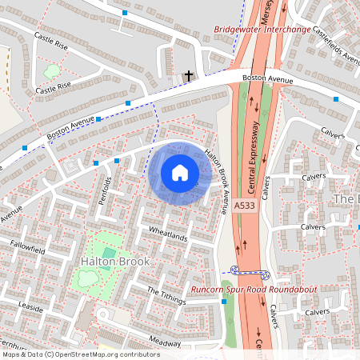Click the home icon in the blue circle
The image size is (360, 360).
click(179, 172)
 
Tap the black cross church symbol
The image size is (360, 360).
click(189, 77)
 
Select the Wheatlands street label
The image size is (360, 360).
click(167, 237)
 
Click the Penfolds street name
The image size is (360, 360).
click(102, 189)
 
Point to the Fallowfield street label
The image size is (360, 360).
click(27, 248)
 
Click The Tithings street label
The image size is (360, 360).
click(166, 295)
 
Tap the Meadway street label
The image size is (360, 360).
click(166, 342)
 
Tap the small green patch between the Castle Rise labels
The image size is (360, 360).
click(52, 71)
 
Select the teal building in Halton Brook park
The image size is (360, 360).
click(109, 254)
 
